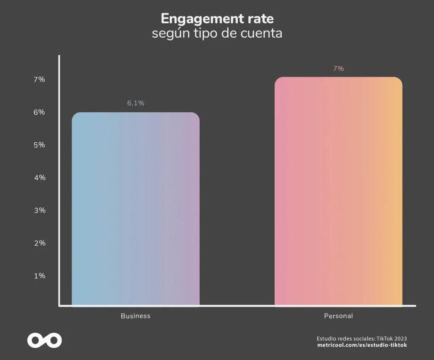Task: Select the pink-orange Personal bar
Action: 338,191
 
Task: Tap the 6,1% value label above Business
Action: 136,103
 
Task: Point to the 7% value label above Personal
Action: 338,69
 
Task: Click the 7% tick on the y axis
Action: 39,80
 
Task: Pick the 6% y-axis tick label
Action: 39,112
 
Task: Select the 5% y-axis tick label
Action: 39,145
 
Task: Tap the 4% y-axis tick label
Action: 39,177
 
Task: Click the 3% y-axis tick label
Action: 39,210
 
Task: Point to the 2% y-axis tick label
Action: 39,243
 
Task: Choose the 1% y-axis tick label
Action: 39,276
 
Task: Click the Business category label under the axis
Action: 136,316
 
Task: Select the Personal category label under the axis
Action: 338,316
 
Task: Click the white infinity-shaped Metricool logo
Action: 45,340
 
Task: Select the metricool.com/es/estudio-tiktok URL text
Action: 362,345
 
